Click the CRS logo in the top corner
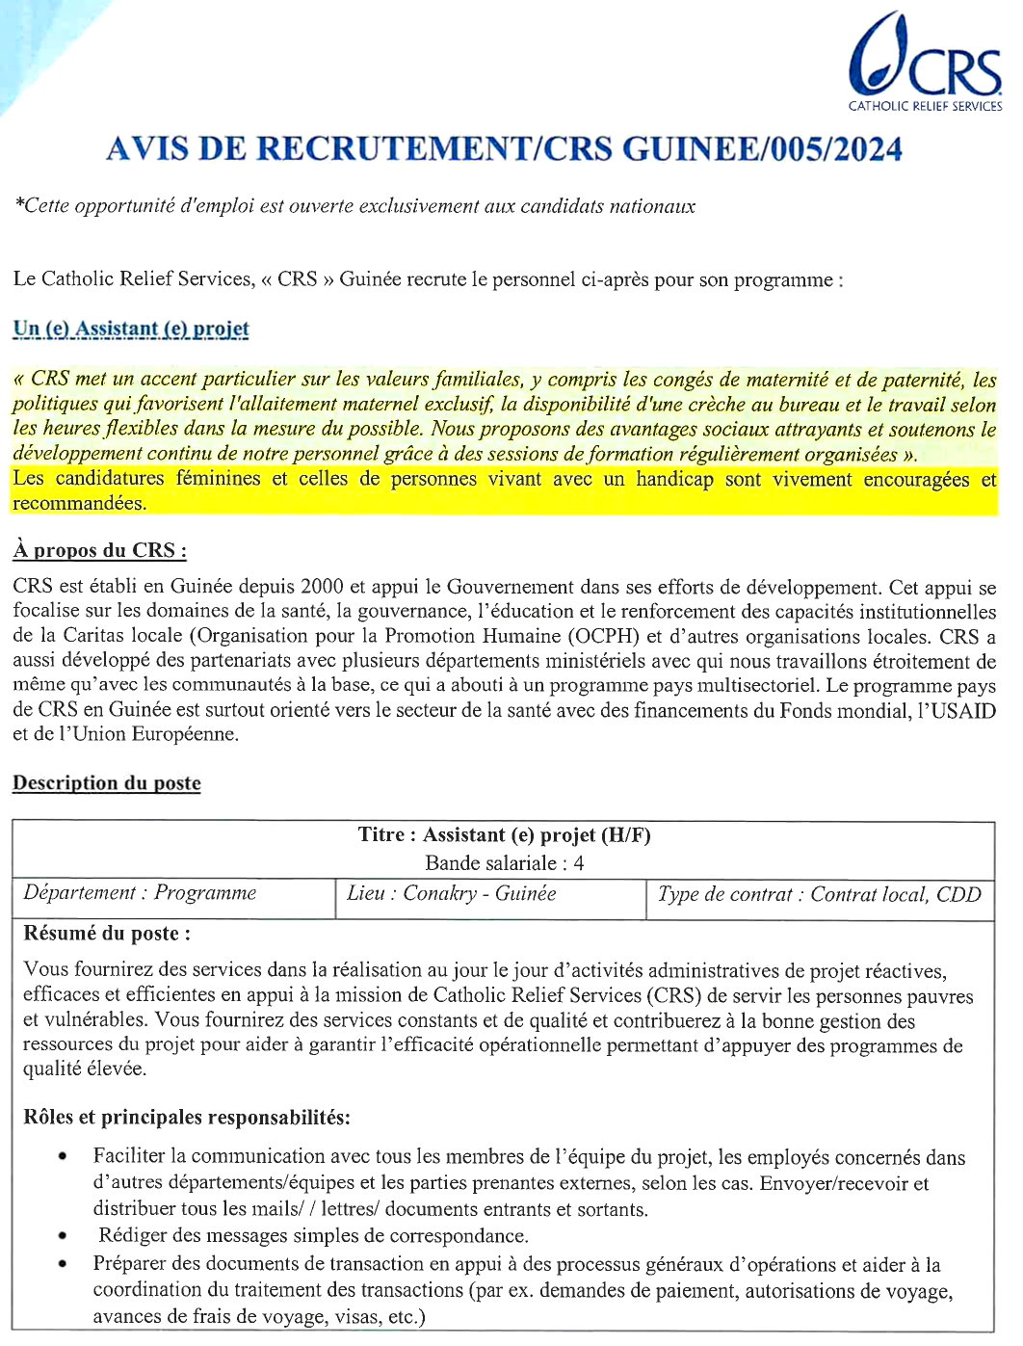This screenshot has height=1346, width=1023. pyautogui.click(x=925, y=64)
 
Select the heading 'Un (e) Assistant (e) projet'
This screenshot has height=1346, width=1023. pyautogui.click(x=131, y=329)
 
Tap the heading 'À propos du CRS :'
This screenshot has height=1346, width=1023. pyautogui.click(x=99, y=550)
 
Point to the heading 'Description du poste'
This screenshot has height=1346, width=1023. pyautogui.click(x=107, y=782)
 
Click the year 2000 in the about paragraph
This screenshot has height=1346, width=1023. pyautogui.click(x=323, y=587)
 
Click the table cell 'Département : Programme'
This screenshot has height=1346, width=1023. pyautogui.click(x=141, y=893)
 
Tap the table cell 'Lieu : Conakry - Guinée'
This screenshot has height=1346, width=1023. pyautogui.click(x=452, y=893)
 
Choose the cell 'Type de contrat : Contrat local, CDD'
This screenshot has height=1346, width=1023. pyautogui.click(x=819, y=894)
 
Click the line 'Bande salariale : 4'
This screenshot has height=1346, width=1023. pyautogui.click(x=504, y=862)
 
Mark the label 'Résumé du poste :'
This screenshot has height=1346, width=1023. pyautogui.click(x=107, y=933)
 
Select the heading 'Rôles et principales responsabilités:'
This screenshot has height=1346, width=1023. pyautogui.click(x=187, y=1117)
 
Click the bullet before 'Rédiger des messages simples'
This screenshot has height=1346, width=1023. pyautogui.click(x=63, y=1235)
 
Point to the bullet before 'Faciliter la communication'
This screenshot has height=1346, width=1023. pyautogui.click(x=63, y=1156)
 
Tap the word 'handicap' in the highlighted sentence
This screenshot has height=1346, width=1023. pyautogui.click(x=675, y=479)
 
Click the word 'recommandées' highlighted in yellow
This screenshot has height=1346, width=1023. pyautogui.click(x=79, y=503)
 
